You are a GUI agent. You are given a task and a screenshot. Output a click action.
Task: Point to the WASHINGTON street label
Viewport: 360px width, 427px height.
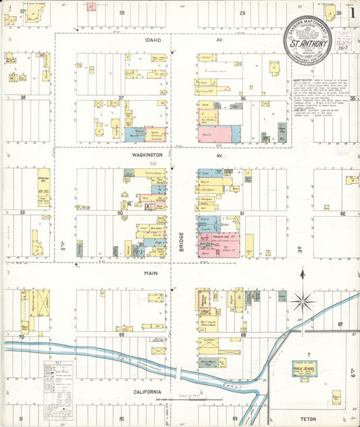(148, 155)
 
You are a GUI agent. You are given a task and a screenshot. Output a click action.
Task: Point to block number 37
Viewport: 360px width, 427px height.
(122, 98)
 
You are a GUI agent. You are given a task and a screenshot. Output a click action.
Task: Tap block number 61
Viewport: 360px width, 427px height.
(242, 213)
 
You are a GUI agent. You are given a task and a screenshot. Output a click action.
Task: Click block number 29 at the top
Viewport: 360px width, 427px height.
(242, 12)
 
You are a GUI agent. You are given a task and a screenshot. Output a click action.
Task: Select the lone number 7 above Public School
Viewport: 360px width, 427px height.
(309, 354)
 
